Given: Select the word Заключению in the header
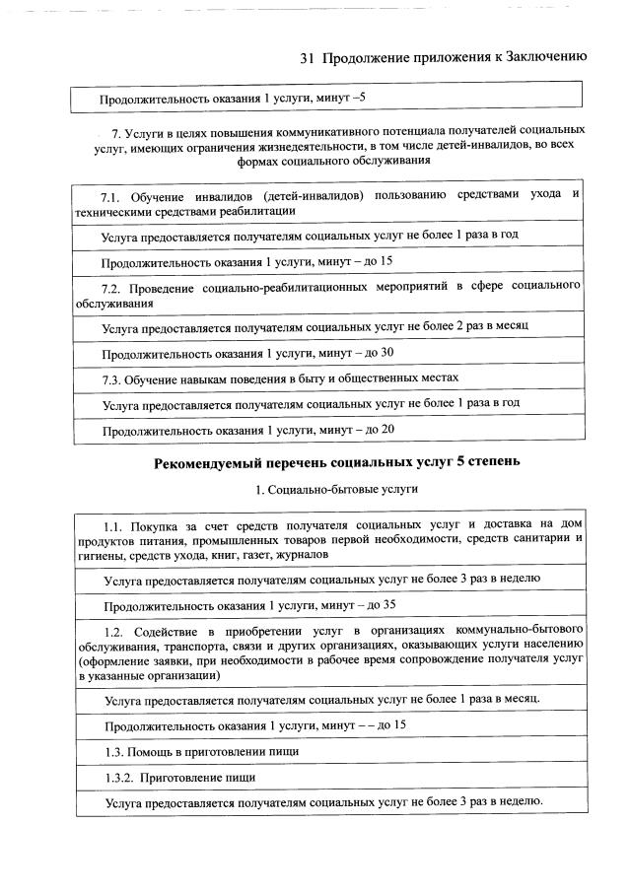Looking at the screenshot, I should tap(546, 57).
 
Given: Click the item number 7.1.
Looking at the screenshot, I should tap(114, 195).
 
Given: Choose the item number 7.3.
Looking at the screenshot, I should tap(115, 378).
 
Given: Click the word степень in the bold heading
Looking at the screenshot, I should tap(489, 461).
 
